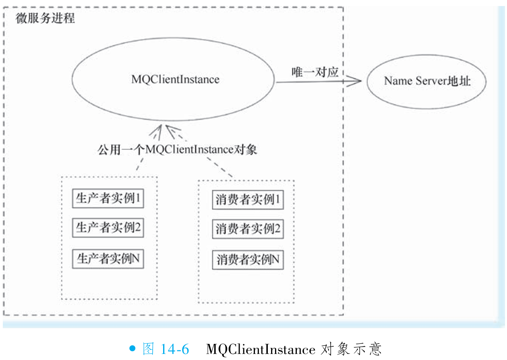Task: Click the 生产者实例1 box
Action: pyautogui.click(x=108, y=199)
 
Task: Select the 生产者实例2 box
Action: pyautogui.click(x=108, y=228)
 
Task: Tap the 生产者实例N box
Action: pyautogui.click(x=108, y=259)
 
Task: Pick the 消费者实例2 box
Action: pyautogui.click(x=248, y=230)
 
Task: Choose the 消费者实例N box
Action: pyautogui.click(x=248, y=260)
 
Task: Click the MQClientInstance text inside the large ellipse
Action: pyautogui.click(x=175, y=79)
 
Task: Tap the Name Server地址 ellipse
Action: pyautogui.click(x=426, y=81)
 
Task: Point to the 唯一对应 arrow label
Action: pyautogui.click(x=315, y=72)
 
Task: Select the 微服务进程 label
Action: pyautogui.click(x=45, y=19)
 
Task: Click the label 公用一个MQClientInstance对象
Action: pyautogui.click(x=177, y=150)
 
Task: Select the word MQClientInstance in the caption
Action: pyautogui.click(x=260, y=349)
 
